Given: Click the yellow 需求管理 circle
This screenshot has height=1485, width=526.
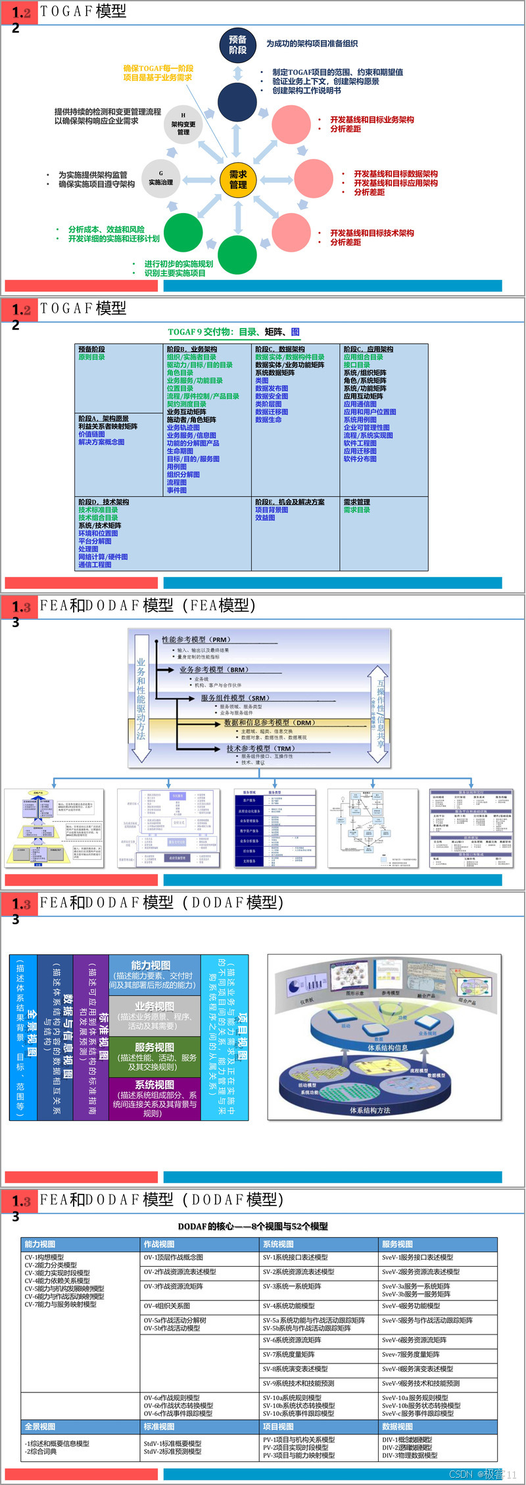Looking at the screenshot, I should click(237, 179).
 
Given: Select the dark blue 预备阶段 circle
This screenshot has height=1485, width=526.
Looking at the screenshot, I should click(237, 45).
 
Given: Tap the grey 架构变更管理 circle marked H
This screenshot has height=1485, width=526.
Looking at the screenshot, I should click(183, 124).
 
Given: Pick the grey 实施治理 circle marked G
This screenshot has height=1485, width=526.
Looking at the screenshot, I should click(160, 179).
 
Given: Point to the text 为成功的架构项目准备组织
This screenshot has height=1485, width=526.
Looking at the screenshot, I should click(312, 44).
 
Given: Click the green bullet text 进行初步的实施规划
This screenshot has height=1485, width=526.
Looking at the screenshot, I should click(178, 264).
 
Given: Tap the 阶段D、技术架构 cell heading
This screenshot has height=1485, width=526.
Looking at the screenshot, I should click(103, 502).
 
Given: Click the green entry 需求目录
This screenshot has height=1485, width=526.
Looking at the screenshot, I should click(356, 510).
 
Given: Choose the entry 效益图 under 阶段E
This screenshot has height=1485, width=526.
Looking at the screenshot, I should click(265, 518).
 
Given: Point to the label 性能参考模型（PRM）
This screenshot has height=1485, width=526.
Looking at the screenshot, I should click(196, 640).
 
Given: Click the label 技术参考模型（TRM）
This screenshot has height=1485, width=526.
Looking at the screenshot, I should click(260, 748).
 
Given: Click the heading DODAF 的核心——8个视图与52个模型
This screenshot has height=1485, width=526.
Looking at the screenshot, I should click(252, 1226).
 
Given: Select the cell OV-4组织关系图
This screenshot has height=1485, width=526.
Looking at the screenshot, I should click(167, 1306).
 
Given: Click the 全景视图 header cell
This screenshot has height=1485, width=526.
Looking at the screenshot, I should click(40, 1426).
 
